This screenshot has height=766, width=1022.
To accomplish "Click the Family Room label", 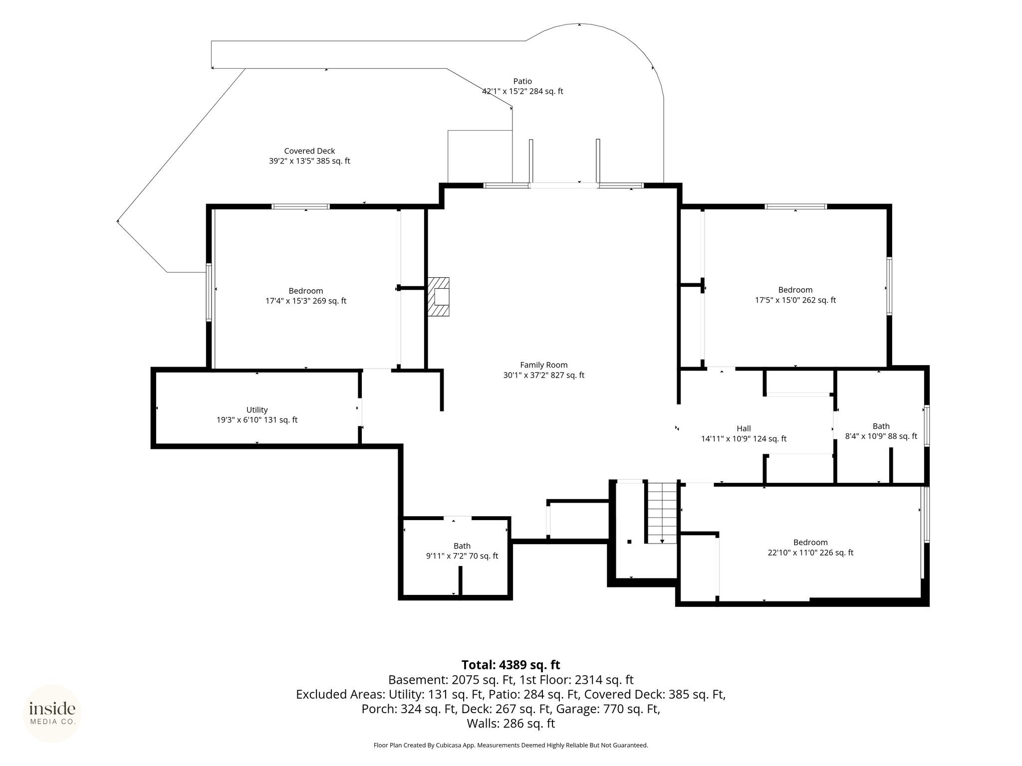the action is coord(543,365).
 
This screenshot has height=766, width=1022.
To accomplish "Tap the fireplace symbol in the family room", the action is coord(438,297).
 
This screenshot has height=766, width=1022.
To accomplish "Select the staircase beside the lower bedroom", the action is coord(662,512).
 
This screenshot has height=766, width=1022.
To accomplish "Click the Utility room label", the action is coord(257,410).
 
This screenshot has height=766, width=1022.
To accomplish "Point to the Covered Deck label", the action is coord(309,151).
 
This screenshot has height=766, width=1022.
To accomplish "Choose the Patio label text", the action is coord(522,81).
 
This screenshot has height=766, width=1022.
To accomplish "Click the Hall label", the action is coord(744,428).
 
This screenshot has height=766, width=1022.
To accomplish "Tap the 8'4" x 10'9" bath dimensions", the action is coord(881,436).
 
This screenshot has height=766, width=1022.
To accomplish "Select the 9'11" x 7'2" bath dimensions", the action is coord(462,556).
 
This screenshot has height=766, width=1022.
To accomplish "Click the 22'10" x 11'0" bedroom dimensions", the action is coord(810,553).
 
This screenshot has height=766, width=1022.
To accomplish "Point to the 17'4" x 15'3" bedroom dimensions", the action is coord(306,301).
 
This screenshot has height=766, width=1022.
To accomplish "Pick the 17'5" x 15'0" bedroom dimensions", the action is coord(795,300).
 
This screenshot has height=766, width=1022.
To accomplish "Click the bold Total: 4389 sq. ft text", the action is coord(511,665).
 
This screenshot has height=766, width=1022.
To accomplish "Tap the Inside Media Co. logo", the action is coord(52,714).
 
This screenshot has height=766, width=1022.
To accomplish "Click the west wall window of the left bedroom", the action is coord(209,292).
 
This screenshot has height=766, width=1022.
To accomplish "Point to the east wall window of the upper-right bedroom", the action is coord(889,286).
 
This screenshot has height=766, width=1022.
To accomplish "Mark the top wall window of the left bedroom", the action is coord(300,206).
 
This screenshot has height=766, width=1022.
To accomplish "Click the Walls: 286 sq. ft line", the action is coord(511,724).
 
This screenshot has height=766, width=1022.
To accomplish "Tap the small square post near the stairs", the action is coord(630,542).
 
